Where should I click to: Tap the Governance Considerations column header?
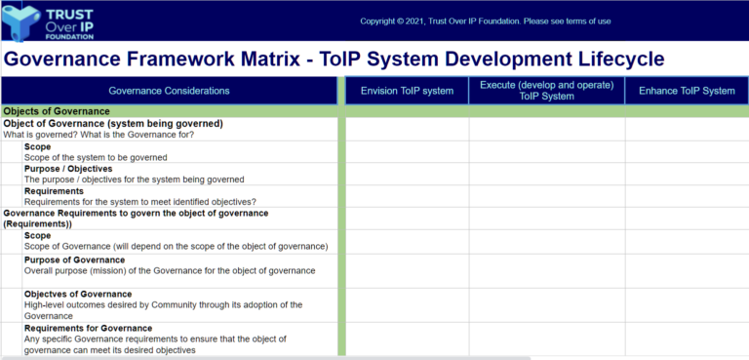pyautogui.click(x=169, y=91)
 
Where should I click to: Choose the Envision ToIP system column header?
pyautogui.click(x=407, y=91)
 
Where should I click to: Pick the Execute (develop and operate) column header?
pyautogui.click(x=546, y=91)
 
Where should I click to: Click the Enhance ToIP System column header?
pyautogui.click(x=687, y=91)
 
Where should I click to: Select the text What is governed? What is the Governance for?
pyautogui.click(x=99, y=135)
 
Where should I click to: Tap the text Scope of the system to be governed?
pyautogui.click(x=96, y=157)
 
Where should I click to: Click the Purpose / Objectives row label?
pyautogui.click(x=68, y=169)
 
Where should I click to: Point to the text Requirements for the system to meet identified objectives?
pyautogui.click(x=139, y=202)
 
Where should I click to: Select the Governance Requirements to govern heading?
pyautogui.click(x=136, y=213)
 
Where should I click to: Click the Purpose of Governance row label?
pyautogui.click(x=74, y=260)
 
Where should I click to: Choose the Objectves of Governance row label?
pyautogui.click(x=78, y=294)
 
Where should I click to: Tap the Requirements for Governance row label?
pyautogui.click(x=88, y=328)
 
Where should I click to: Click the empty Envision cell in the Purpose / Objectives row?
pyautogui.click(x=407, y=174)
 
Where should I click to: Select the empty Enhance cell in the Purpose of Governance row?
pyautogui.click(x=687, y=270)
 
